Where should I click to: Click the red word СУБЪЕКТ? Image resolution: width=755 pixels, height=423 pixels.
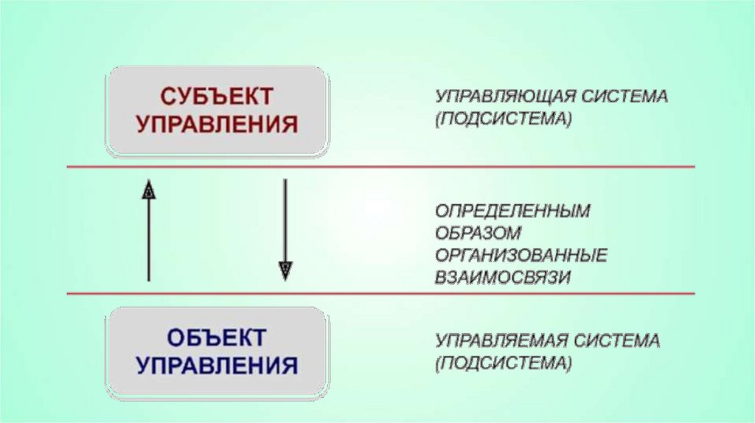tap(217, 97)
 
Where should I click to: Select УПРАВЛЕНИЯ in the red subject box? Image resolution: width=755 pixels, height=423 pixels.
tap(217, 123)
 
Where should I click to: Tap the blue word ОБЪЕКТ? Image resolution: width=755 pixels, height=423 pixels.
tap(217, 338)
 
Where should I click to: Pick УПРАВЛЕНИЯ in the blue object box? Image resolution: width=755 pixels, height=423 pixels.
tap(217, 365)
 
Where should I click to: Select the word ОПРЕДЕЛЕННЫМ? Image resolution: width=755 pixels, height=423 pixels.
tap(512, 211)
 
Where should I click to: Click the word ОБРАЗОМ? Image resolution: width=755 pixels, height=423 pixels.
tap(478, 233)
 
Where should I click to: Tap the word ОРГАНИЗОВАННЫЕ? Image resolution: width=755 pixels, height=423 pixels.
tap(521, 255)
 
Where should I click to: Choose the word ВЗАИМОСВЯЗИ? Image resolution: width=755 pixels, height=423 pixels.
tap(503, 277)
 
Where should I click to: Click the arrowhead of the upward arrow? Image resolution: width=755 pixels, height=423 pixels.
tap(149, 189)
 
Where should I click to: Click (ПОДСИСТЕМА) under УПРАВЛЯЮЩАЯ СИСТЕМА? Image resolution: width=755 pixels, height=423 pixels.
tap(503, 119)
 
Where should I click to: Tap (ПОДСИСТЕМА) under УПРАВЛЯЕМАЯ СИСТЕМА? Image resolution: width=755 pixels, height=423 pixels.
tap(503, 364)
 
